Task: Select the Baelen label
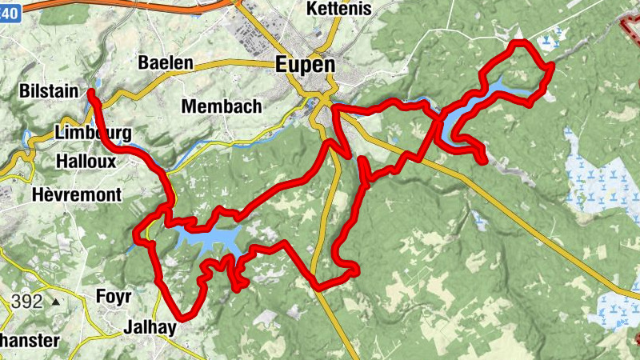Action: click(x=166, y=62)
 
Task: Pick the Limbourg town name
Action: click(x=94, y=133)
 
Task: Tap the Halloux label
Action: click(x=86, y=162)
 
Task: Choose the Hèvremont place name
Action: click(x=77, y=194)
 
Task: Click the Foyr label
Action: click(x=113, y=296)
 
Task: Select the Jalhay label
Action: click(x=150, y=327)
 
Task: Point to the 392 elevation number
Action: click(x=27, y=302)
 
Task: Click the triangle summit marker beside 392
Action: click(x=54, y=303)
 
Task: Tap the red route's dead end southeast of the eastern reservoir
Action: click(x=483, y=160)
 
